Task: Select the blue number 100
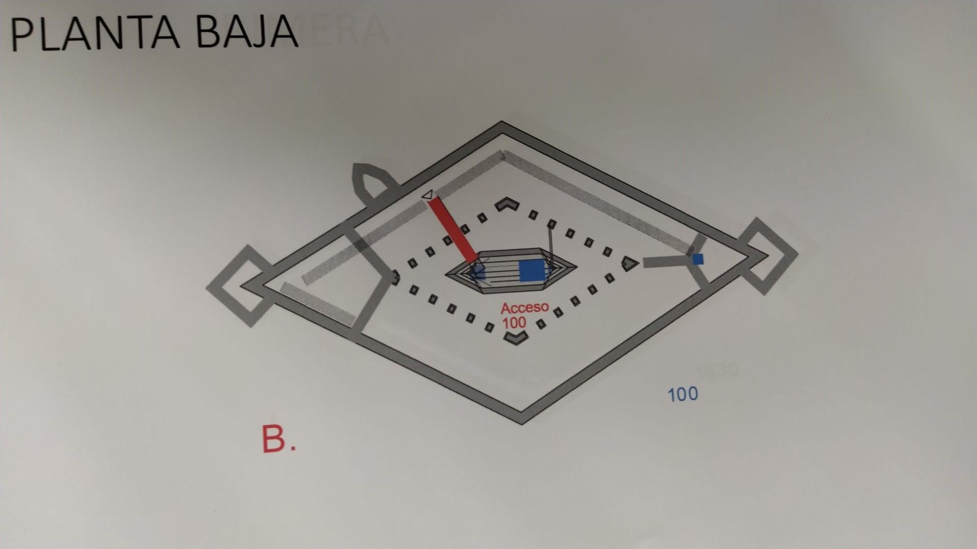click(x=682, y=394)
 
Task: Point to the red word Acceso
click(x=525, y=308)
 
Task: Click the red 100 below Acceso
click(x=514, y=323)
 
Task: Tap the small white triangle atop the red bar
click(x=428, y=195)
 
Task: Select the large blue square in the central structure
click(x=532, y=270)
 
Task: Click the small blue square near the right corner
click(x=698, y=259)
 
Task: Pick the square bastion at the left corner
click(x=239, y=286)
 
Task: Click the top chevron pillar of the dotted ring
click(x=507, y=204)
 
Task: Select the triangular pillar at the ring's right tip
click(x=630, y=263)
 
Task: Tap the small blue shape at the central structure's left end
click(x=478, y=272)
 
